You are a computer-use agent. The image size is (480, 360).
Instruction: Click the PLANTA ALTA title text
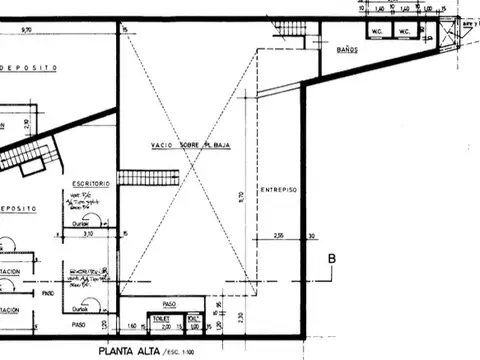coord(136,352)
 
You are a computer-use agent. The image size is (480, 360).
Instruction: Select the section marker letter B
coord(332,263)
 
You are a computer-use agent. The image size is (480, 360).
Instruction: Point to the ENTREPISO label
coord(279,189)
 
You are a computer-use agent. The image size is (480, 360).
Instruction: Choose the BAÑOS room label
coord(347,49)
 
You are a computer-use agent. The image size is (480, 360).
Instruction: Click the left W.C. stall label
coord(379,32)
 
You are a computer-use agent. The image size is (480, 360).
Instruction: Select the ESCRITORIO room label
coord(90,185)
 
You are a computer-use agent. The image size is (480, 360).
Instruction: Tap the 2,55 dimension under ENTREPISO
coord(279,236)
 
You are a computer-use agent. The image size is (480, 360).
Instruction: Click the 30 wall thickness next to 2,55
coord(312,236)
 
